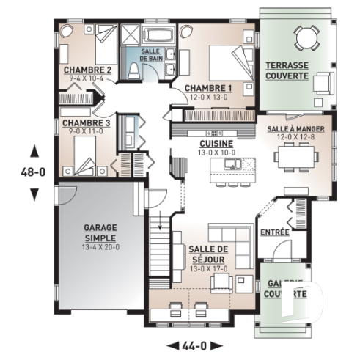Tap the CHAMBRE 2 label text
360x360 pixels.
click(87, 70)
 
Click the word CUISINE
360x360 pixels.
click(216, 144)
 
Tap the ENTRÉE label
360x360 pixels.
click(275, 232)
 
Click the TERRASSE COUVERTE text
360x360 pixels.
click(287, 70)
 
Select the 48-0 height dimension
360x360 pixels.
click(33, 173)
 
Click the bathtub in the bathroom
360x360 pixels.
click(158, 35)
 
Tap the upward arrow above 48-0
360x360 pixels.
click(33, 152)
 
